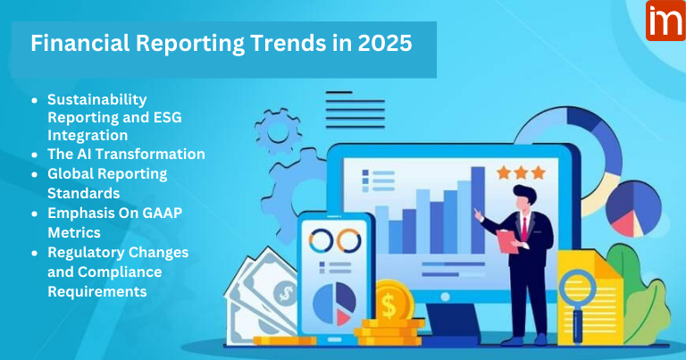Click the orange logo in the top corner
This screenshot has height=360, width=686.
pyautogui.click(x=665, y=20)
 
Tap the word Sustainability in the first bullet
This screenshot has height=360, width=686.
pyautogui.click(x=96, y=98)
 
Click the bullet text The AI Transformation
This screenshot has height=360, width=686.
pyautogui.click(x=126, y=154)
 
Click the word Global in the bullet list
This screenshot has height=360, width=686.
pyautogui.click(x=72, y=172)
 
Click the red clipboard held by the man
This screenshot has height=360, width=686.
pyautogui.click(x=506, y=239)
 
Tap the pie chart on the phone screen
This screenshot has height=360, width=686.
pyautogui.click(x=334, y=302)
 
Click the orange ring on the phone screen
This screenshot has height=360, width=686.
pyautogui.click(x=347, y=239)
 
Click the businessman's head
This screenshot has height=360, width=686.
pyautogui.click(x=523, y=194)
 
